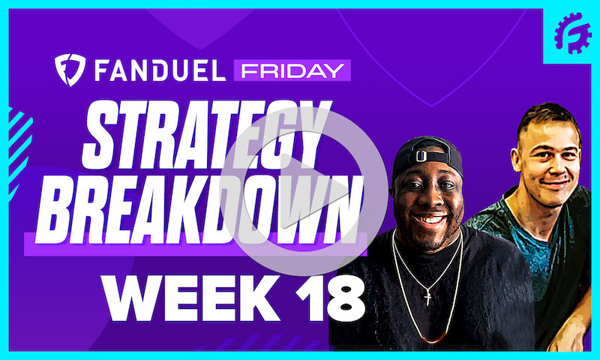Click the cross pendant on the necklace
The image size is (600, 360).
pyautogui.click(x=427, y=296)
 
